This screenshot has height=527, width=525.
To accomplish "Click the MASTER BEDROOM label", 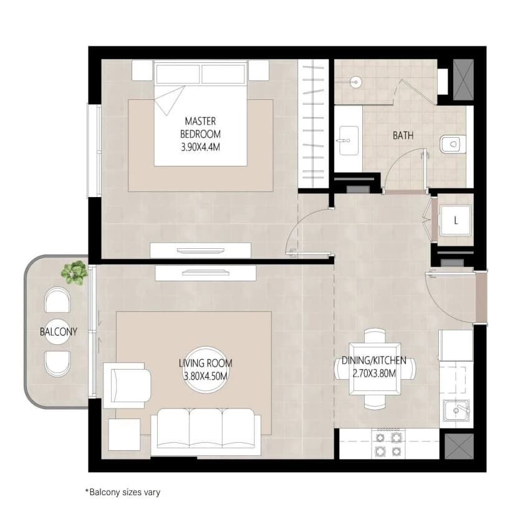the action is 200,127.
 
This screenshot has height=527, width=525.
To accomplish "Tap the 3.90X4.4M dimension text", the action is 200,147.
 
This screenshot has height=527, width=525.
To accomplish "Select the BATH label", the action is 403,135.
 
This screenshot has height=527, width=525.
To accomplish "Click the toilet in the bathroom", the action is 453,145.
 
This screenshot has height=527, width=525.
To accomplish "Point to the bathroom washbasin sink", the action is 349,140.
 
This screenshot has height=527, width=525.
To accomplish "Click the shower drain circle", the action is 355,82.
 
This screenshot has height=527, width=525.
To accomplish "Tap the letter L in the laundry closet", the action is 456,221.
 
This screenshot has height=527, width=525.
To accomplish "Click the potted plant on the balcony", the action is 74,273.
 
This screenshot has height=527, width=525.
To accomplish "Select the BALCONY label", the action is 59,332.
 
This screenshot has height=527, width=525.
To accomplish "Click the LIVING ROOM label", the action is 206,364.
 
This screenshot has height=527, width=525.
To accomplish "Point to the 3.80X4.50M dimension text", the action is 206,375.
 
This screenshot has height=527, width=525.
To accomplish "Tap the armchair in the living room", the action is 127,385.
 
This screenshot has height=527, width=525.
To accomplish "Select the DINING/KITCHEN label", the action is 374,360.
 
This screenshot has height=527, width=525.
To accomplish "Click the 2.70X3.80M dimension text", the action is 374,373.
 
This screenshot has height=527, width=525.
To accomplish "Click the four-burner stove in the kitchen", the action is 388,443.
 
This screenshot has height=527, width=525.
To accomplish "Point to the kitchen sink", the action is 456,410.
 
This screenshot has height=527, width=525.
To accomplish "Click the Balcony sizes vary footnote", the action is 123,492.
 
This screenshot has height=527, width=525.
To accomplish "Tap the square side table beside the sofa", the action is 124,435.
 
